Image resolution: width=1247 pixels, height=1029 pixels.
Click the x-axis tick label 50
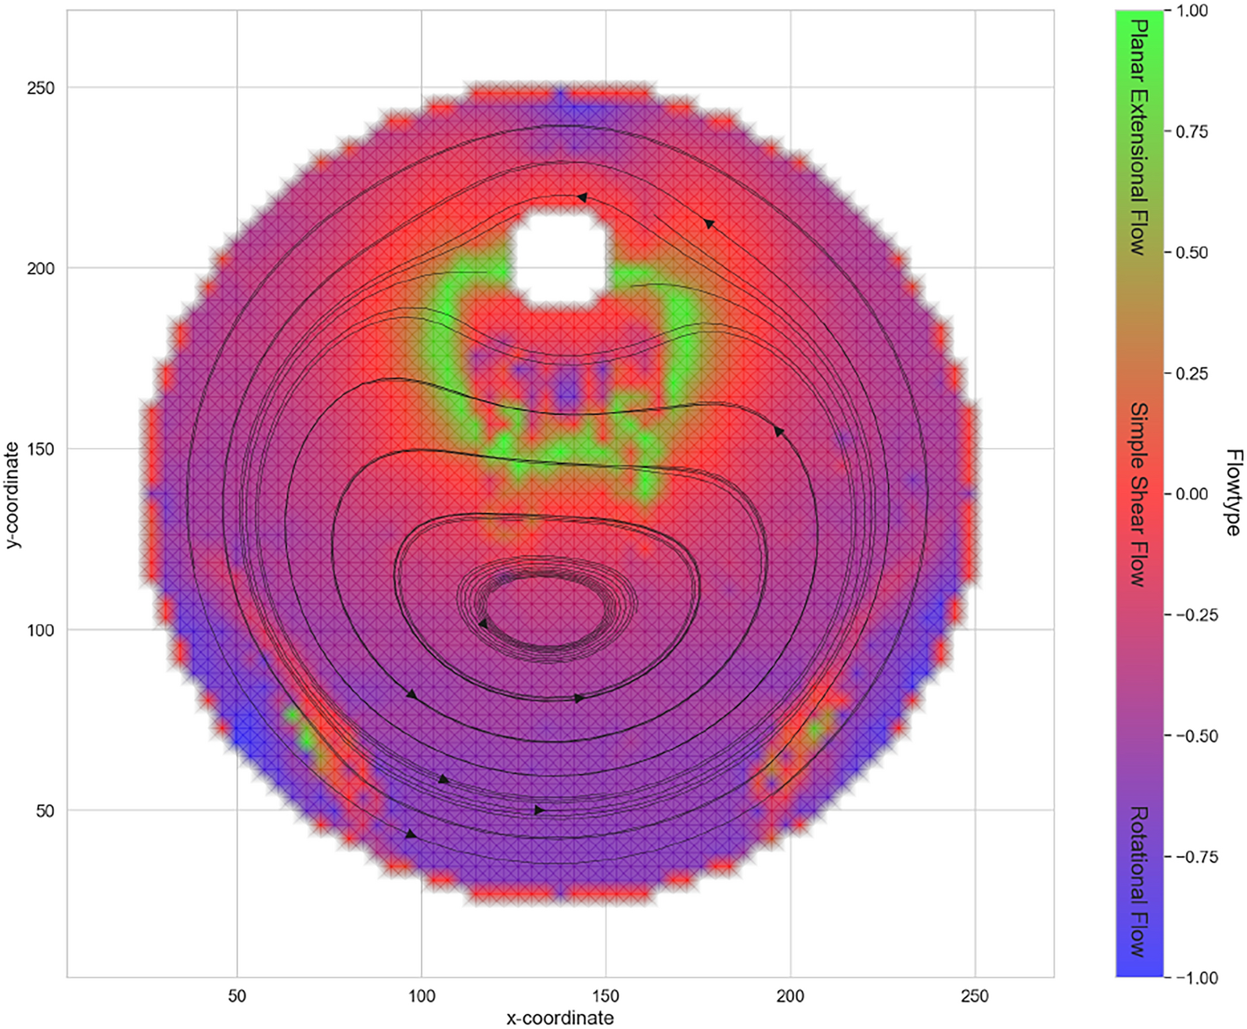tap(236, 996)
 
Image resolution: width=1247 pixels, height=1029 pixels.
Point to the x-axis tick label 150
tap(606, 996)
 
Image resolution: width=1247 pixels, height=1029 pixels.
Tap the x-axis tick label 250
tap(975, 996)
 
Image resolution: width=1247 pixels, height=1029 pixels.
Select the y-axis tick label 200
tap(41, 268)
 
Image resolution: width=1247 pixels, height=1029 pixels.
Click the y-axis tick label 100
tap(41, 630)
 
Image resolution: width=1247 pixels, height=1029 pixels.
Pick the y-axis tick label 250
tap(41, 88)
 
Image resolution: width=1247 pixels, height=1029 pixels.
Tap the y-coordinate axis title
tap(12, 494)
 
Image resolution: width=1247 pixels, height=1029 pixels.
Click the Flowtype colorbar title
tap(1233, 493)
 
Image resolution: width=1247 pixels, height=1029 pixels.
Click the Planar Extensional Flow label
tap(1139, 137)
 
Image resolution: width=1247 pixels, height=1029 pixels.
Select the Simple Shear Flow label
tap(1139, 494)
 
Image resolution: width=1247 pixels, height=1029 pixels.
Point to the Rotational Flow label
tap(1139, 882)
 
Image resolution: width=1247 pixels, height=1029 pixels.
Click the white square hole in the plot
tap(560, 255)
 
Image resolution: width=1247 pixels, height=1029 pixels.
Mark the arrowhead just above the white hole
tap(582, 198)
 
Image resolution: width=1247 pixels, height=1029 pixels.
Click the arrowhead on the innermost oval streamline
tap(483, 624)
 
